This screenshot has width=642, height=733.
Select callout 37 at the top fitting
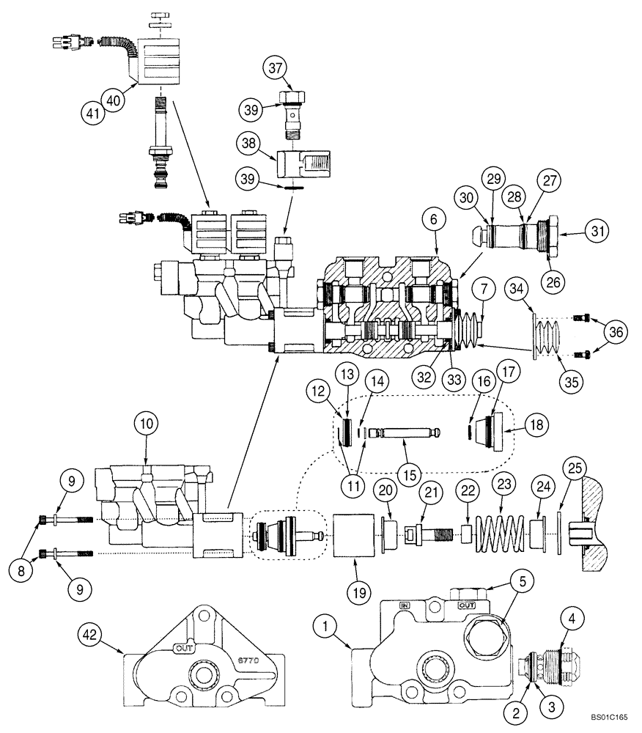[274, 70]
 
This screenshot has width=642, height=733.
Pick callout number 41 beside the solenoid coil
[91, 112]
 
